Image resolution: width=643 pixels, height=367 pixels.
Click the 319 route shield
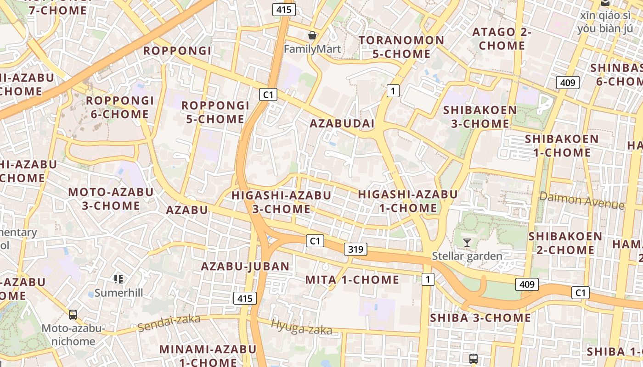click(x=355, y=249)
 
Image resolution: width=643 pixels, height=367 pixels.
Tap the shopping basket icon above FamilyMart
click(x=312, y=35)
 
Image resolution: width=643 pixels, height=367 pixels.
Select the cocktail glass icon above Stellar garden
click(x=467, y=242)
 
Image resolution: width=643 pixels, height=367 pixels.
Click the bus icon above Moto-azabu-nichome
click(x=73, y=314)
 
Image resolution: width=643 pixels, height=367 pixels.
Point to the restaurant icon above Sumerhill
click(x=118, y=279)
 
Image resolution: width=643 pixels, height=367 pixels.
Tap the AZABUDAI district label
click(x=342, y=123)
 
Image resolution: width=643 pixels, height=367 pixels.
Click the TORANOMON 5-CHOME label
click(x=401, y=47)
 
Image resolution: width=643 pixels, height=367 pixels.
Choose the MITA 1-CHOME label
click(x=352, y=279)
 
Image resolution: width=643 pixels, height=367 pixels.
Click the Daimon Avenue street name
click(x=581, y=200)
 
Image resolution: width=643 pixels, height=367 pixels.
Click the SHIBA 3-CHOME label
click(x=480, y=318)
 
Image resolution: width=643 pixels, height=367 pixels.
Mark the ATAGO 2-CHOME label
click(x=502, y=39)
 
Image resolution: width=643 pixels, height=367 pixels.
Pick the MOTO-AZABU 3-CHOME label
click(x=111, y=199)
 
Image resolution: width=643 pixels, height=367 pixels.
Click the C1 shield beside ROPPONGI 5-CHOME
click(x=268, y=95)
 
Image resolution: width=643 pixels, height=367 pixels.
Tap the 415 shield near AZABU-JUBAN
click(x=245, y=299)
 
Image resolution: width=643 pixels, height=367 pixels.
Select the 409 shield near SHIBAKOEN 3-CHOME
click(x=568, y=83)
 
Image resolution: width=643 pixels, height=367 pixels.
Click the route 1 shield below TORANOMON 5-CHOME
click(x=393, y=91)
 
